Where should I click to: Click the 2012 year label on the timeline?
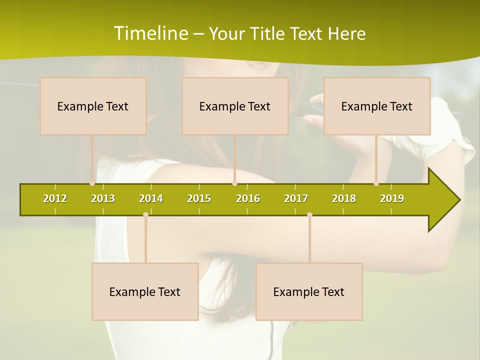(x=55, y=198)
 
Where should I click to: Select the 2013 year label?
(x=103, y=198)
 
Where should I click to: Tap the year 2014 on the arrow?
(x=151, y=198)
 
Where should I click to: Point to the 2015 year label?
(x=199, y=198)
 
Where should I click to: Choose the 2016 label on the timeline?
(x=248, y=198)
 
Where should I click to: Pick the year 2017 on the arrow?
(x=296, y=198)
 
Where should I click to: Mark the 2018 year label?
(x=344, y=198)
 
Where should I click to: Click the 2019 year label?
(x=392, y=198)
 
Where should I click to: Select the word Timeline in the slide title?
(x=150, y=33)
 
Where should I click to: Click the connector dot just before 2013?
(x=92, y=183)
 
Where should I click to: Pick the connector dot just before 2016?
(x=234, y=183)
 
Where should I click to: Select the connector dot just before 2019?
(x=376, y=183)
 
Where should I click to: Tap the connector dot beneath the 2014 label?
(x=145, y=215)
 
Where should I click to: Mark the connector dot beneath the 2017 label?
(x=309, y=215)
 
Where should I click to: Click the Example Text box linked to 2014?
(x=145, y=291)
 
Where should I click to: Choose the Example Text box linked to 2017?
(x=309, y=291)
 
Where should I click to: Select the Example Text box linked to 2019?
(x=377, y=106)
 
